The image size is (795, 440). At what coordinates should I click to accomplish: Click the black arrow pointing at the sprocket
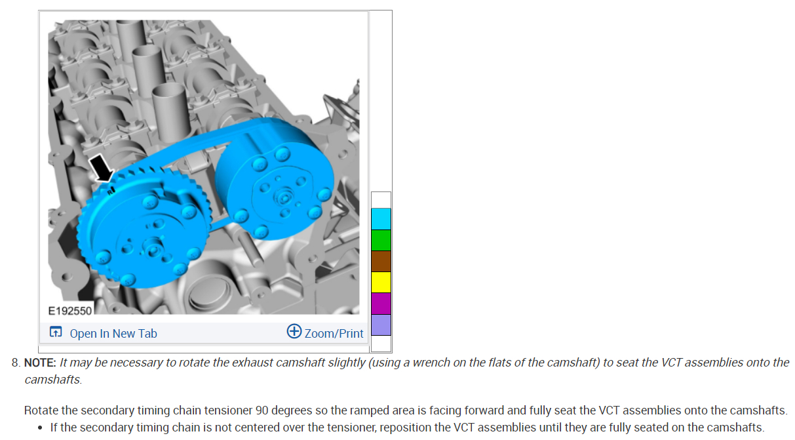point(102,169)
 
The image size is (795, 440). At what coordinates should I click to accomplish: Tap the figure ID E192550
point(70,311)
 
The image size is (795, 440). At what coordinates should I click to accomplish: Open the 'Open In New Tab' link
point(113,334)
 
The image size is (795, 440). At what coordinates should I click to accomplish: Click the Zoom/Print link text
point(334,334)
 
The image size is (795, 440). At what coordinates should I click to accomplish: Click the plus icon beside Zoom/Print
point(294,331)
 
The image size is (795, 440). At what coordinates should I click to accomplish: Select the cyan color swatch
point(381,219)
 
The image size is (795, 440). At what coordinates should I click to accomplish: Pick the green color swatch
point(381,240)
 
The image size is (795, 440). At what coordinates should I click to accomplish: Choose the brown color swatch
point(381,261)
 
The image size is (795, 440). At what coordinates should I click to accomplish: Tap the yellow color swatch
point(381,283)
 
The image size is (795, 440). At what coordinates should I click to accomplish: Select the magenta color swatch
point(381,303)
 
